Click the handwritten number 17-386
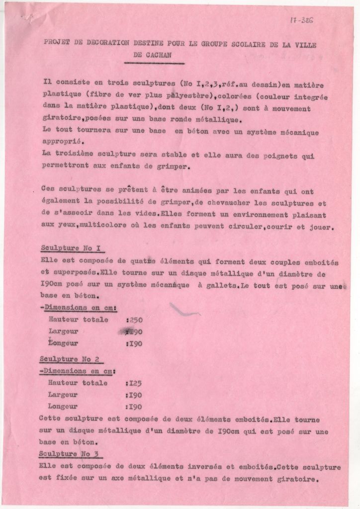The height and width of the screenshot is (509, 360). [302, 20]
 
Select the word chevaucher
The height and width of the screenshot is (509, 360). [221, 203]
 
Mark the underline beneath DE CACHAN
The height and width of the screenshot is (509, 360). [154, 64]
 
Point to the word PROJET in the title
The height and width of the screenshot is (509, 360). [56, 43]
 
